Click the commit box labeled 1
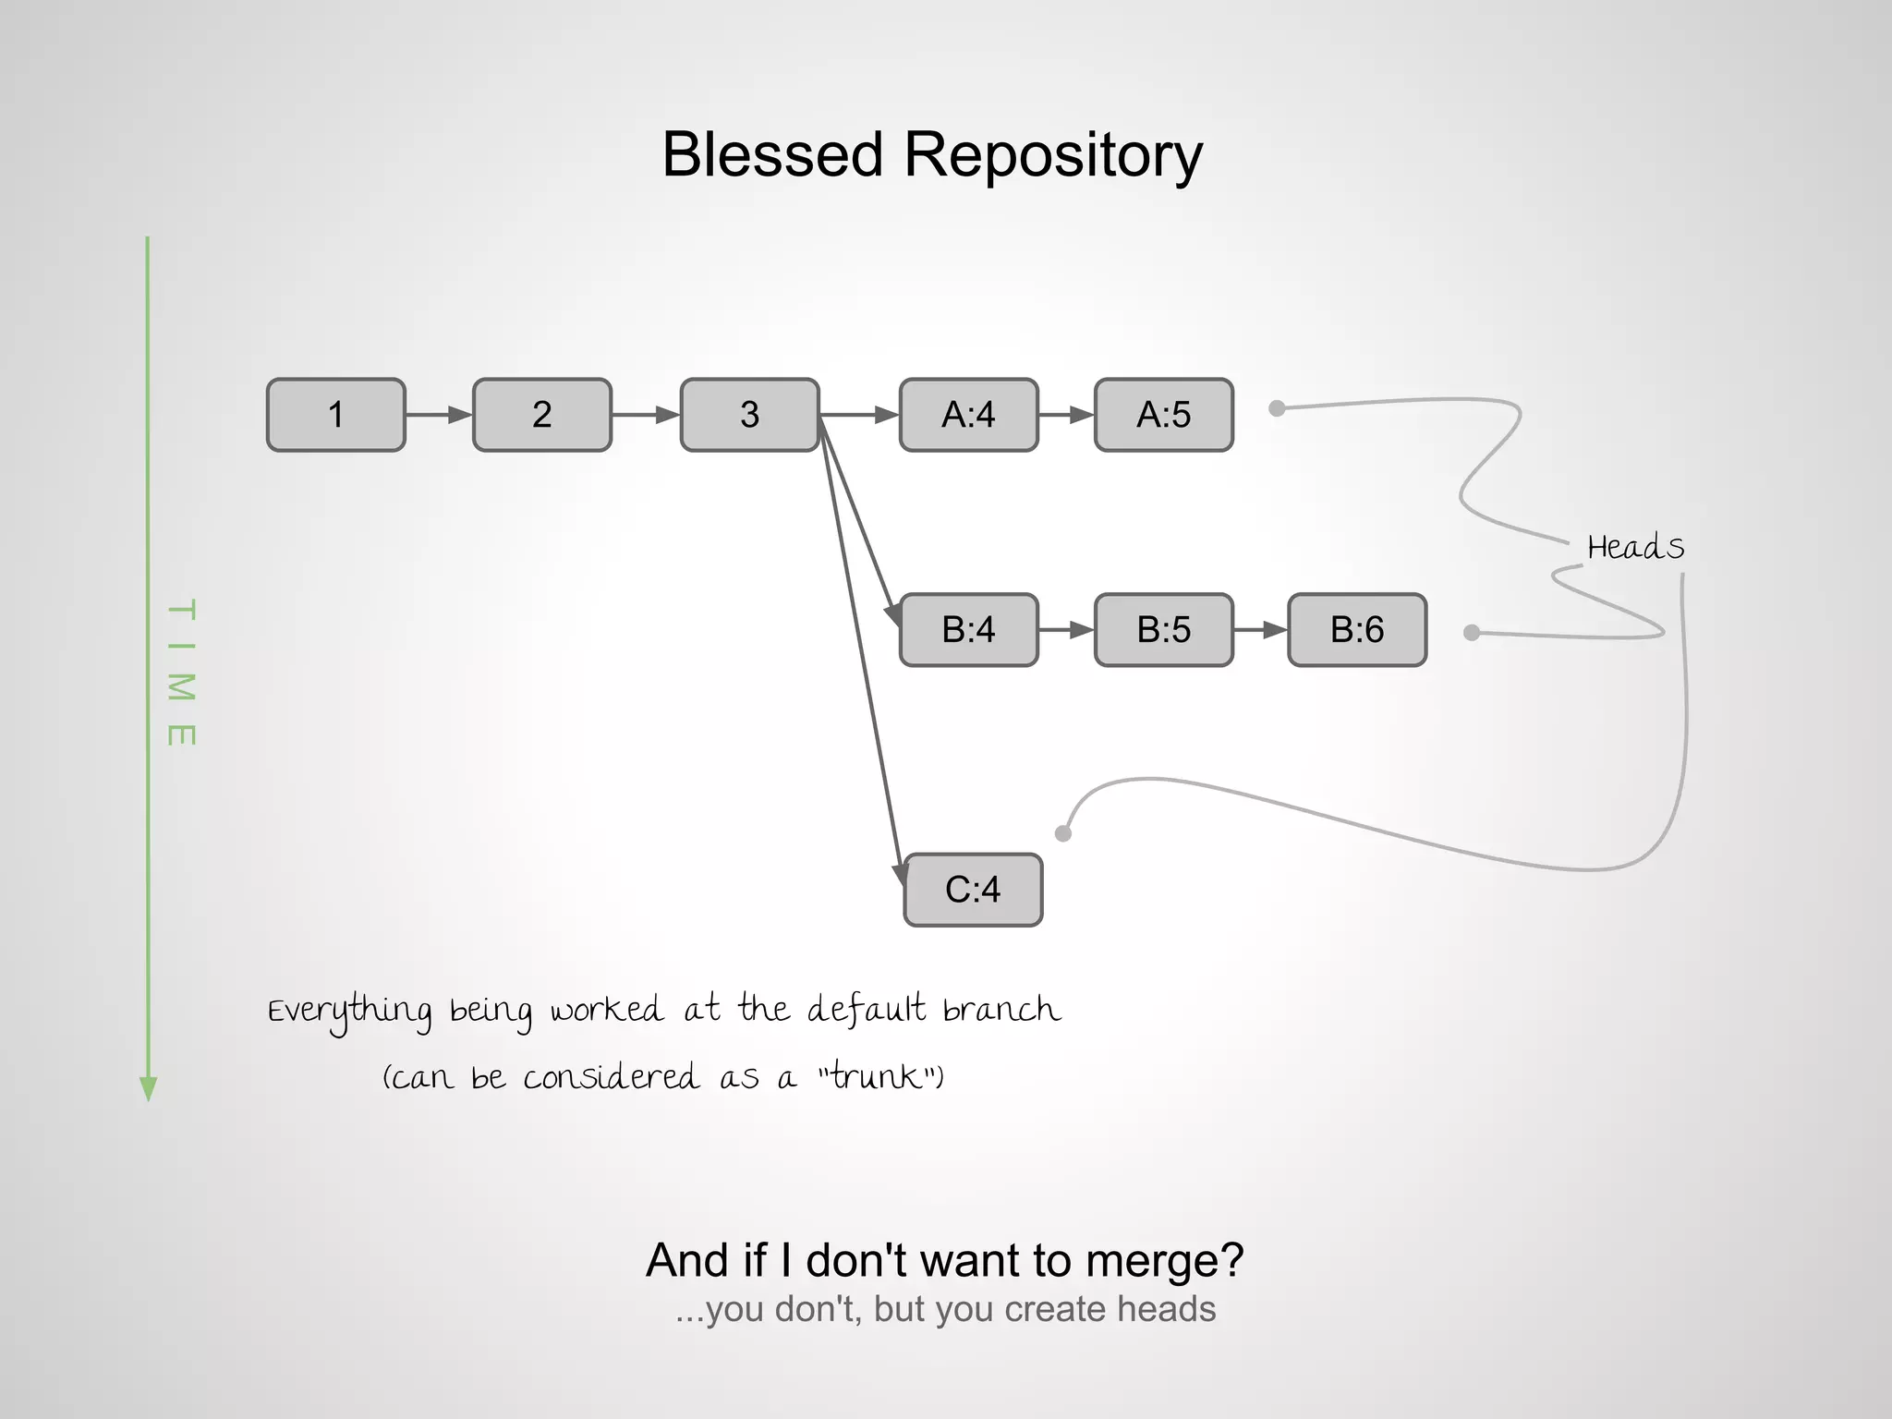pyautogui.click(x=336, y=415)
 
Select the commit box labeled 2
pyautogui.click(x=542, y=415)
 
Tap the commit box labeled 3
pyautogui.click(x=749, y=415)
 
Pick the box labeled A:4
pyautogui.click(x=968, y=415)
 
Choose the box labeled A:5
pyautogui.click(x=1163, y=415)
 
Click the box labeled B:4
pyautogui.click(x=968, y=630)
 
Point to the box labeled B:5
pyautogui.click(x=1163, y=630)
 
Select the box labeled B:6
pyautogui.click(x=1357, y=630)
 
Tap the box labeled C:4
pyautogui.click(x=973, y=890)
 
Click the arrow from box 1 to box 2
pyautogui.click(x=439, y=415)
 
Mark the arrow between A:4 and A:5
pyautogui.click(x=1066, y=415)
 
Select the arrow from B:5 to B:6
pyautogui.click(x=1260, y=630)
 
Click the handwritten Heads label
pyautogui.click(x=1635, y=548)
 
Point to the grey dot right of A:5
pyautogui.click(x=1277, y=408)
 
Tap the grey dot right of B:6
pyautogui.click(x=1472, y=633)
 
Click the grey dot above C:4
pyautogui.click(x=1063, y=833)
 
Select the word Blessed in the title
pyautogui.click(x=772, y=154)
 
